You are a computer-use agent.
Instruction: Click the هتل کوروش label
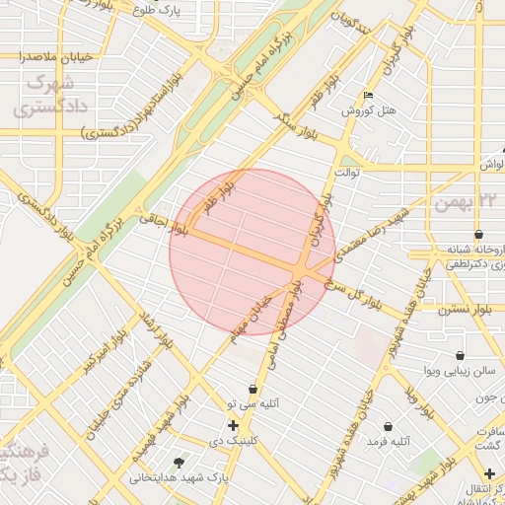tap(369, 110)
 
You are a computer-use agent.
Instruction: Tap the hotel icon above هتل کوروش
tap(369, 96)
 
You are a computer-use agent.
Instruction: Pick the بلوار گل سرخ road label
tap(360, 287)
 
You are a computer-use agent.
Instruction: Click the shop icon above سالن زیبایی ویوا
tap(460, 355)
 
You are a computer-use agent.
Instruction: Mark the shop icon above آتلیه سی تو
tap(253, 389)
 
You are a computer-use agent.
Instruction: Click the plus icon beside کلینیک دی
tap(233, 426)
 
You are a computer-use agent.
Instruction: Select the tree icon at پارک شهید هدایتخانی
tap(179, 462)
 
